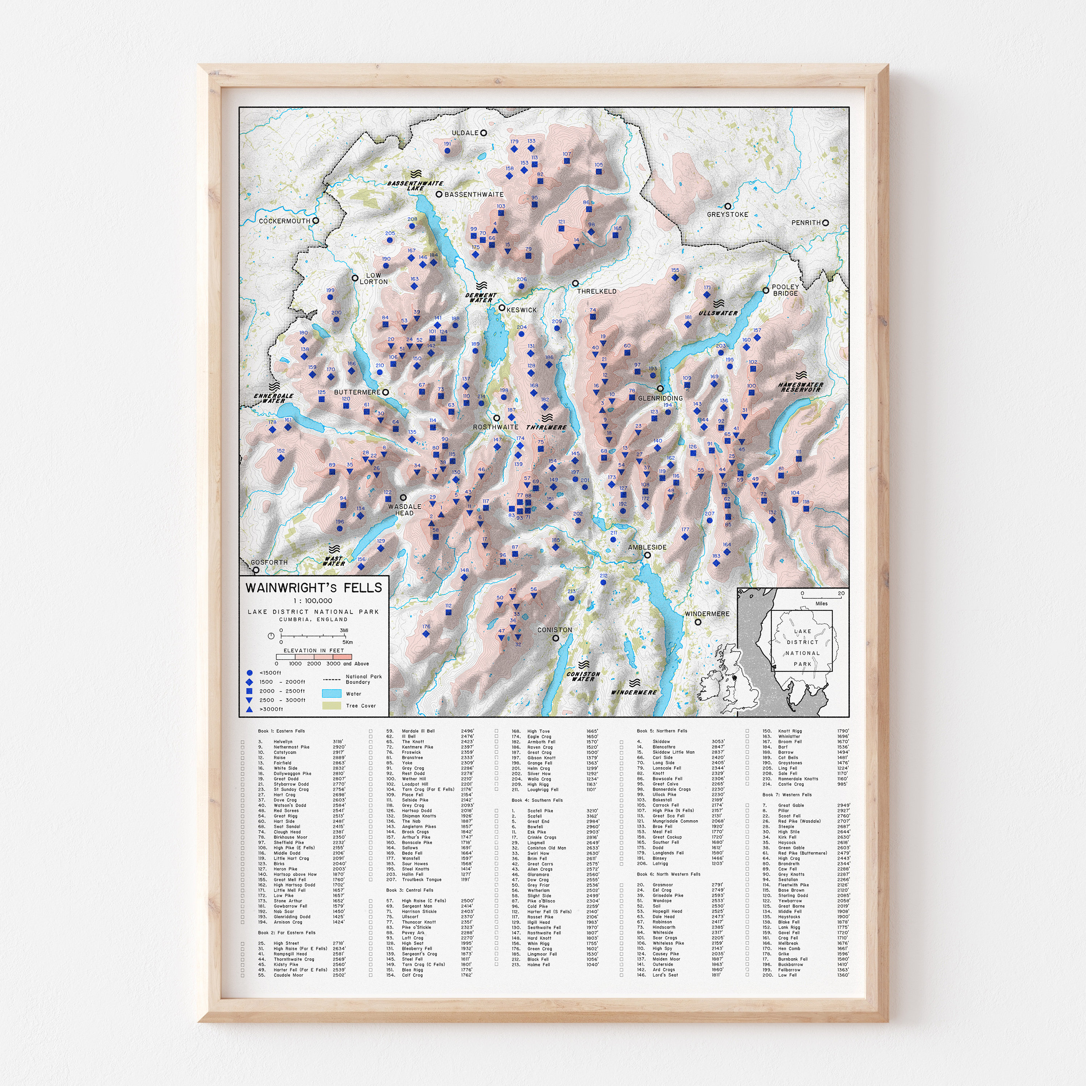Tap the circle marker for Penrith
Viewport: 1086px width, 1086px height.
(x=825, y=223)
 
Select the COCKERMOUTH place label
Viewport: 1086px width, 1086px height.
(x=285, y=221)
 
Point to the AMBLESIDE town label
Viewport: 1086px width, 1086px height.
(x=647, y=547)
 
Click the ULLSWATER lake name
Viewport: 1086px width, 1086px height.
(x=718, y=312)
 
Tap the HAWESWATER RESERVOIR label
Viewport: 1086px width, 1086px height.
(x=801, y=387)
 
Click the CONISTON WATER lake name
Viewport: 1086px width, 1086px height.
(x=584, y=676)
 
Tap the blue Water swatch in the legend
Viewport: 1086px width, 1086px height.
(x=331, y=694)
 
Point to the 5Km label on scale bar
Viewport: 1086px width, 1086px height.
(x=348, y=642)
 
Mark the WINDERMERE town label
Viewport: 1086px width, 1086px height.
(x=707, y=614)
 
